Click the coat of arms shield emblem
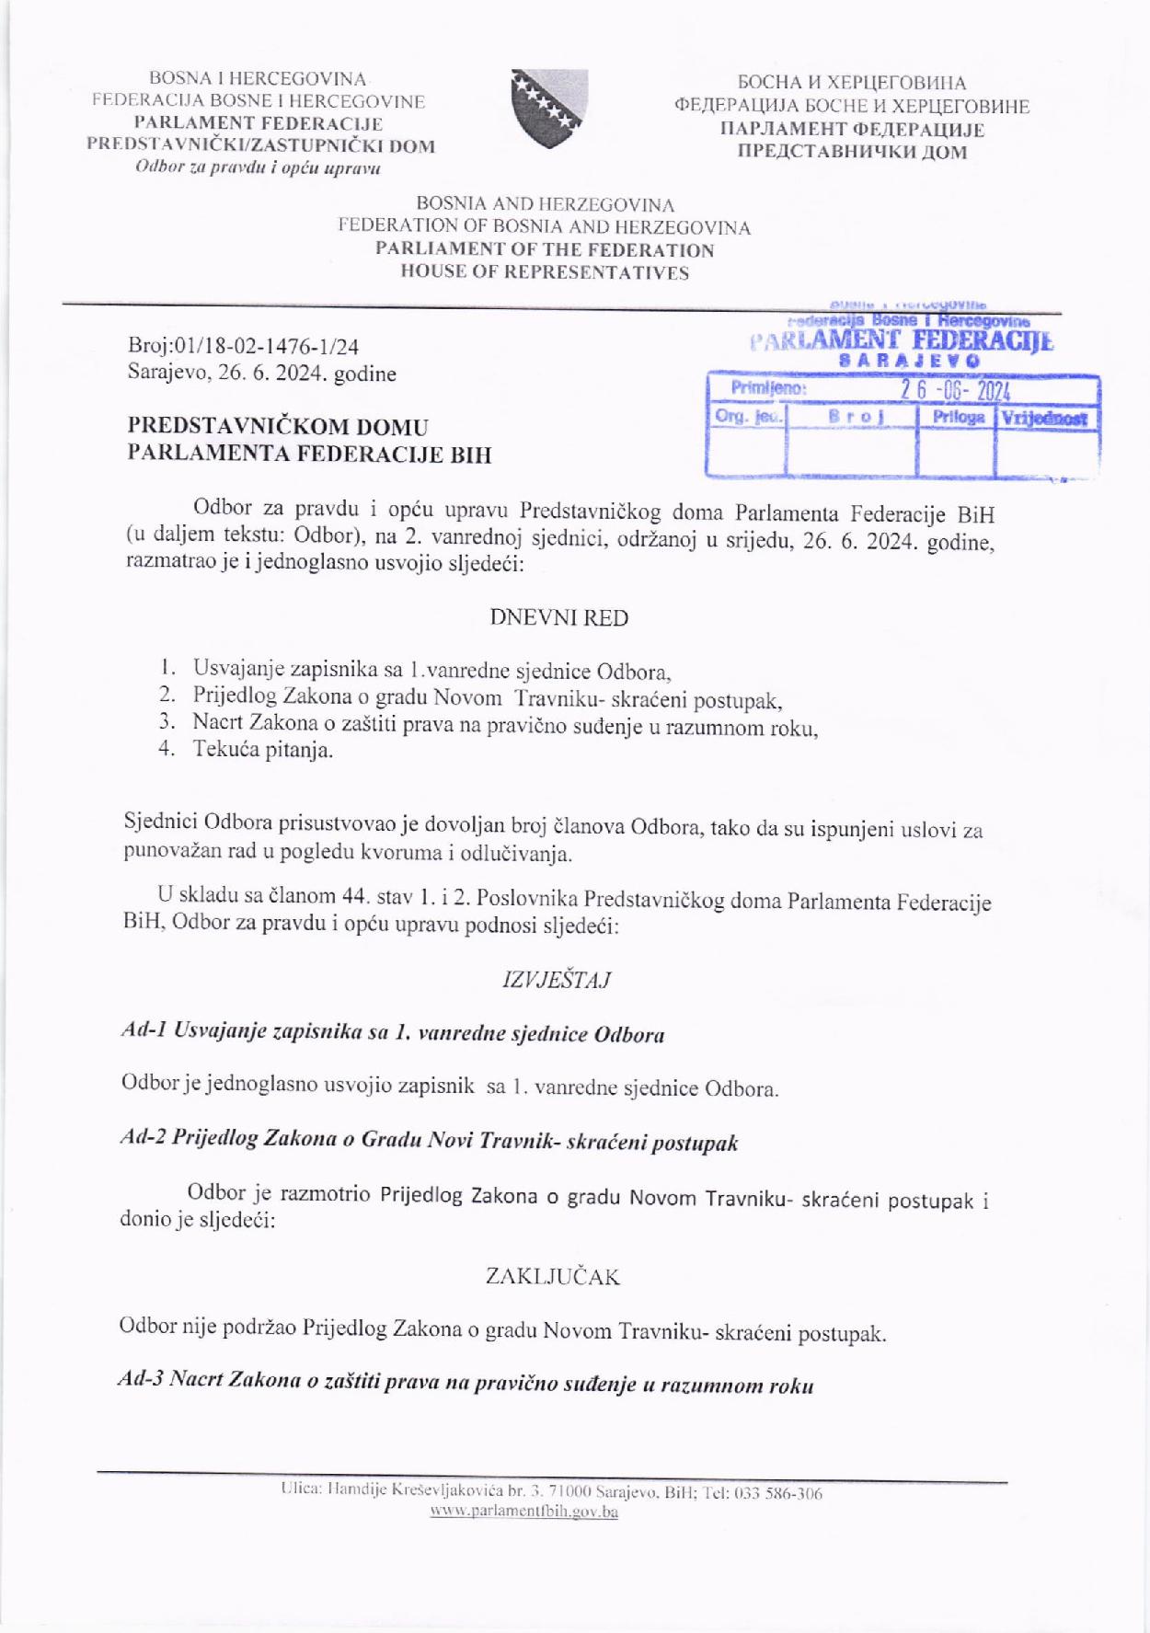pyautogui.click(x=548, y=108)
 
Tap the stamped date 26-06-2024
pyautogui.click(x=955, y=390)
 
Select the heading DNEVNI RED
pyautogui.click(x=558, y=617)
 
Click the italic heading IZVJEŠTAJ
pyautogui.click(x=557, y=979)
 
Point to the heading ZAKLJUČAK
pyautogui.click(x=553, y=1276)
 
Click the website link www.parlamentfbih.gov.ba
pyautogui.click(x=523, y=1512)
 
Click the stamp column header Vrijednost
pyautogui.click(x=1044, y=418)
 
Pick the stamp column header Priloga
pyautogui.click(x=958, y=417)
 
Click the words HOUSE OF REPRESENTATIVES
pyautogui.click(x=544, y=272)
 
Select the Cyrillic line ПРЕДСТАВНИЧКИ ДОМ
pyautogui.click(x=851, y=152)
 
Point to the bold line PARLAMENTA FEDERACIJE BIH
pyautogui.click(x=309, y=454)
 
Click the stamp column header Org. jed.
pyautogui.click(x=748, y=416)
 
